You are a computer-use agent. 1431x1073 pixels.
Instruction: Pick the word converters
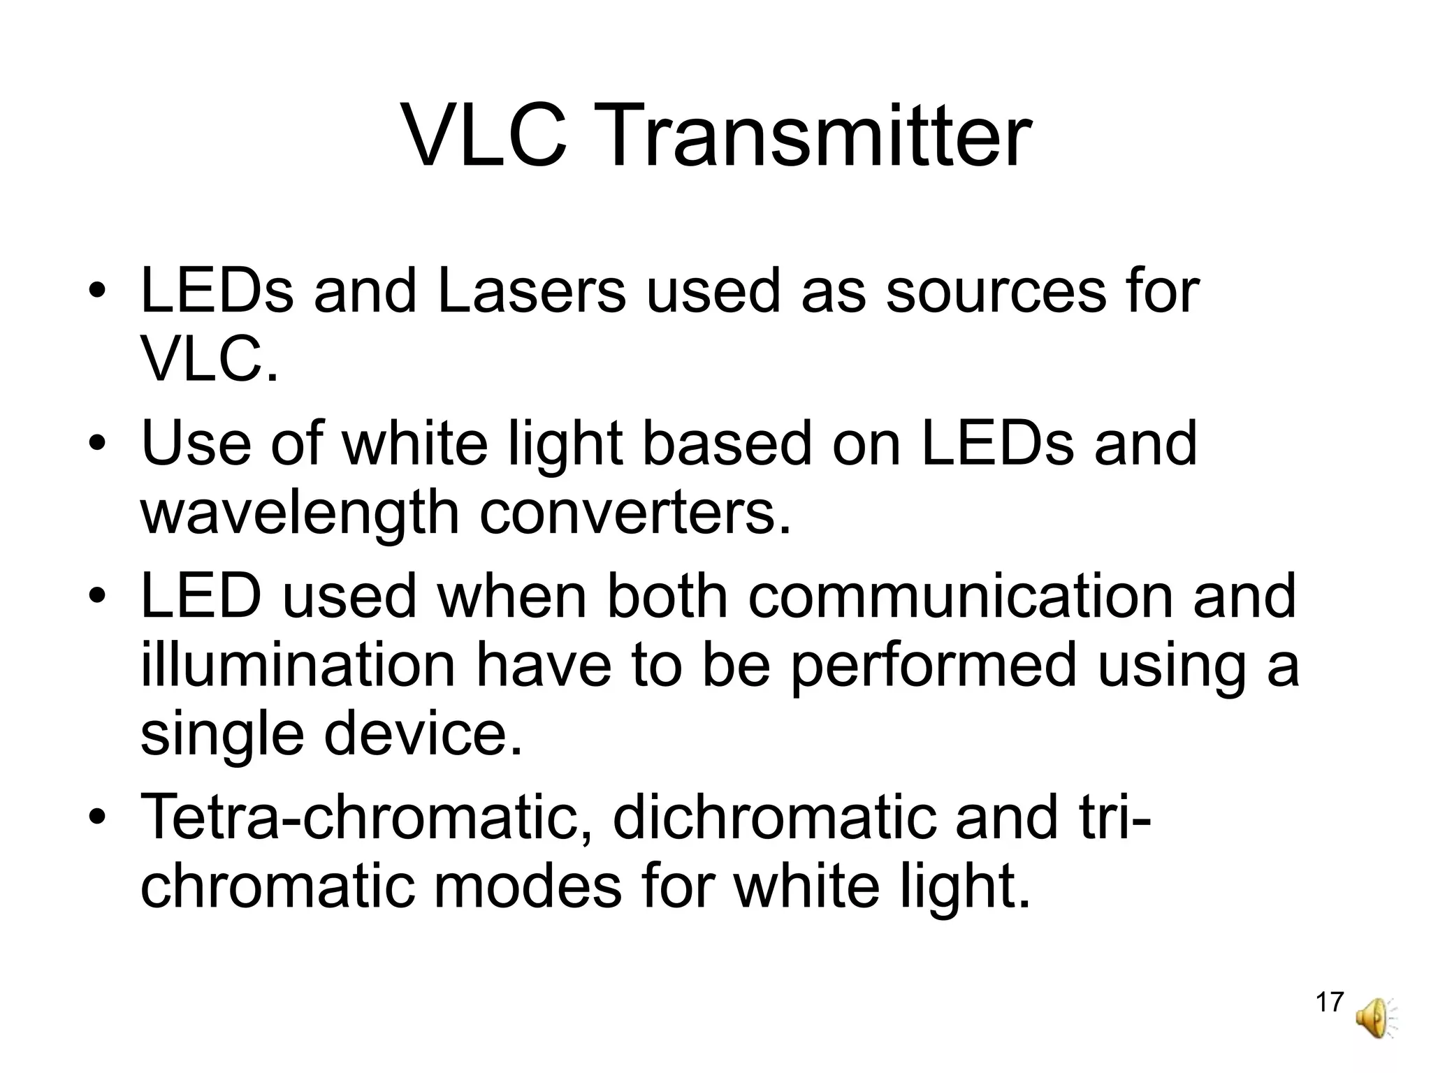pyautogui.click(x=636, y=512)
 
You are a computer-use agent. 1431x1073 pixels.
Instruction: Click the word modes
pyautogui.click(x=528, y=885)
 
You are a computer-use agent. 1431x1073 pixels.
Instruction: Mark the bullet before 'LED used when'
pyautogui.click(x=97, y=597)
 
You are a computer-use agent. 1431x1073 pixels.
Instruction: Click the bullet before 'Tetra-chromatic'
pyautogui.click(x=97, y=817)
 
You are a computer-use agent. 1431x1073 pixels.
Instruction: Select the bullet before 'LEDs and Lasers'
pyautogui.click(x=97, y=291)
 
